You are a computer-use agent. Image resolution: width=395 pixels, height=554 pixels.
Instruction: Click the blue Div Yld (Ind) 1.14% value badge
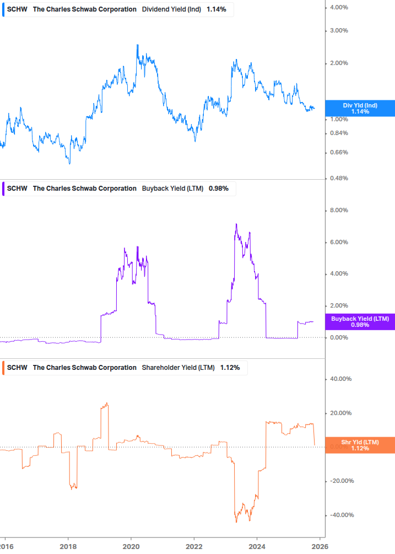click(x=360, y=108)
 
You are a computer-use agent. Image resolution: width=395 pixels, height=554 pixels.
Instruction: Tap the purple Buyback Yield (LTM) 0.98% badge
click(x=360, y=321)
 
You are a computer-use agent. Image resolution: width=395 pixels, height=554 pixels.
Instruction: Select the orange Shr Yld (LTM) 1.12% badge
click(x=360, y=445)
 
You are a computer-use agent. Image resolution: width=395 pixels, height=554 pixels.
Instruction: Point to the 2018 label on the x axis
click(x=68, y=546)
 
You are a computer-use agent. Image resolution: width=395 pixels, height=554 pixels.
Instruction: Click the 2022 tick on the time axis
click(x=194, y=546)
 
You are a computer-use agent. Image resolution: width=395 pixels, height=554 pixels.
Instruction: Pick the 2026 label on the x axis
click(x=320, y=546)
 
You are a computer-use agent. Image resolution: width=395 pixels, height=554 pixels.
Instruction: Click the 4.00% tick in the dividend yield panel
click(x=339, y=7)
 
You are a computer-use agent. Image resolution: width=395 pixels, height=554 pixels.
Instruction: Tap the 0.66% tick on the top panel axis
click(x=339, y=153)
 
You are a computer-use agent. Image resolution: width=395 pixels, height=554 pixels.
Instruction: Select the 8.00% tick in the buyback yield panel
click(x=339, y=210)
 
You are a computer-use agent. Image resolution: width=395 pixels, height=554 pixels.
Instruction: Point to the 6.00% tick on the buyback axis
click(x=339, y=242)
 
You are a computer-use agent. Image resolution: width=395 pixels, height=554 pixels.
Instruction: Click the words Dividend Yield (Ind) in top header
click(x=171, y=9)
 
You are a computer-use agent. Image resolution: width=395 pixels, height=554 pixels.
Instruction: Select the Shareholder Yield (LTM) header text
click(x=178, y=368)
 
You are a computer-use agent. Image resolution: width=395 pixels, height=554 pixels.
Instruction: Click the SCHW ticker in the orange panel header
click(x=16, y=368)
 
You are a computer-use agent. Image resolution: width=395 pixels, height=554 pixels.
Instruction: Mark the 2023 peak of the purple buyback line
click(x=236, y=224)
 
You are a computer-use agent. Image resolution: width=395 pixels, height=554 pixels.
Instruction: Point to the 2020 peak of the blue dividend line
click(x=137, y=45)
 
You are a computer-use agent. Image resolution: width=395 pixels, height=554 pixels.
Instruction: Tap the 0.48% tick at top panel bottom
click(x=339, y=178)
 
